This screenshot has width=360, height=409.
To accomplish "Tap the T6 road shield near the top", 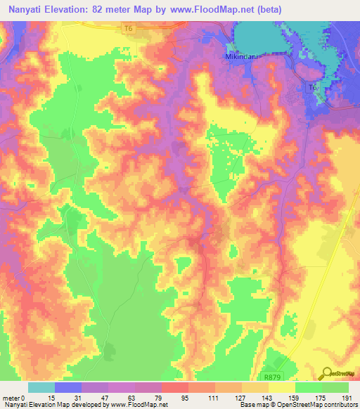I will pyautogui.click(x=128, y=29).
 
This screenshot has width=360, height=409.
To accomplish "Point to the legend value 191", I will pyautogui.click(x=348, y=398).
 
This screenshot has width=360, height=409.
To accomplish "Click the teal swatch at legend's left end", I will pyautogui.click(x=41, y=387).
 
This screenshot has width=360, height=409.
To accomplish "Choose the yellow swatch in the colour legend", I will pyautogui.click(x=281, y=387).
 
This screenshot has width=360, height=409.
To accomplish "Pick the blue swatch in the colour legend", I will pyautogui.click(x=68, y=387).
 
